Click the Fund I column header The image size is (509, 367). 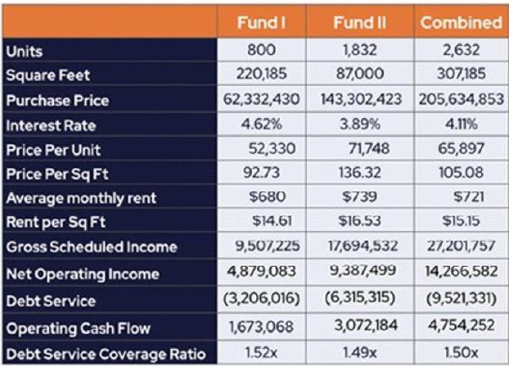tap(261, 22)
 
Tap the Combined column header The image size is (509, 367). tap(461, 22)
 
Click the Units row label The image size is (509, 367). tap(25, 51)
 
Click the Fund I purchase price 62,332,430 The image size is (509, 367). tap(261, 100)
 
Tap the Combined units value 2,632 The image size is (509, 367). tap(461, 50)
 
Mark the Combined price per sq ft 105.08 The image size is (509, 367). tap(461, 173)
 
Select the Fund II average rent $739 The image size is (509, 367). tap(360, 197)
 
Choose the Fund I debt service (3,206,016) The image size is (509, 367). tap(261, 301)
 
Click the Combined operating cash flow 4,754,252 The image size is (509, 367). tap(461, 328)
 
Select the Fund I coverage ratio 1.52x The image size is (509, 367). tap(261, 354)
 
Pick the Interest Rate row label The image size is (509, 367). tap(51, 126)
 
